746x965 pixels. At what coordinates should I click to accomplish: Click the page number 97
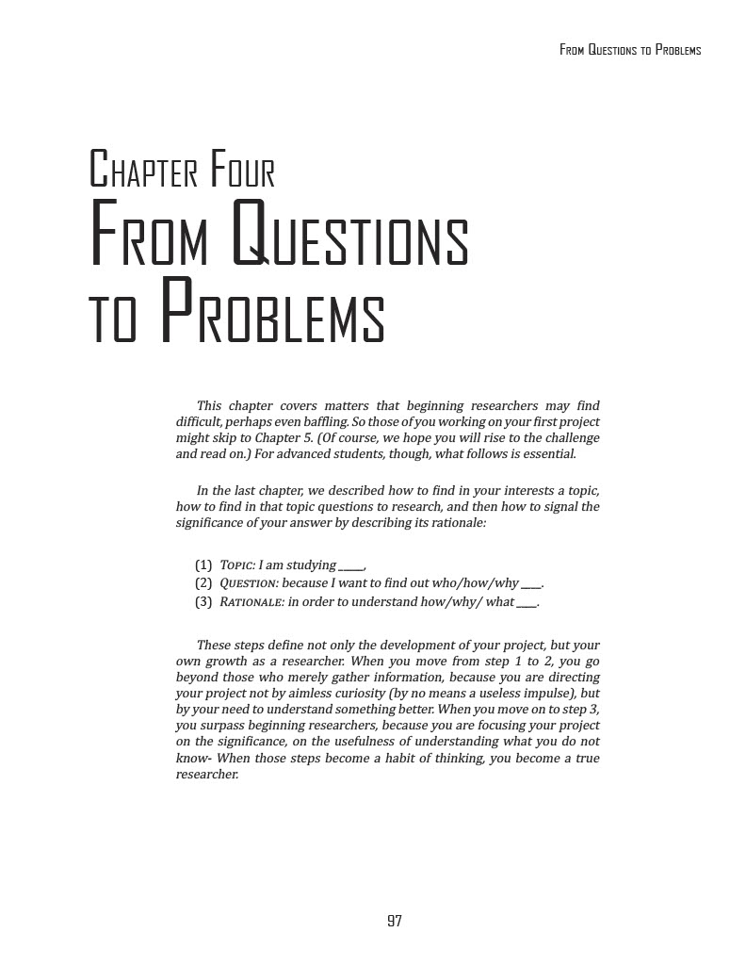pyautogui.click(x=395, y=921)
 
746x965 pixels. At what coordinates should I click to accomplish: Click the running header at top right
pyautogui.click(x=630, y=50)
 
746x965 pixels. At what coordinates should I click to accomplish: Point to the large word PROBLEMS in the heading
pyautogui.click(x=273, y=313)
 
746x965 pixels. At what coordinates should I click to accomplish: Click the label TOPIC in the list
pyautogui.click(x=237, y=565)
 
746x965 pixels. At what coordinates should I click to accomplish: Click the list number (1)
pyautogui.click(x=203, y=565)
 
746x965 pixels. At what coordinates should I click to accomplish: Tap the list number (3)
pyautogui.click(x=203, y=602)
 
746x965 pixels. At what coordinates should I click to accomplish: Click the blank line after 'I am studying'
pyautogui.click(x=350, y=566)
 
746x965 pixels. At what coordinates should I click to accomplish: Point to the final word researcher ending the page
pyautogui.click(x=207, y=775)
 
